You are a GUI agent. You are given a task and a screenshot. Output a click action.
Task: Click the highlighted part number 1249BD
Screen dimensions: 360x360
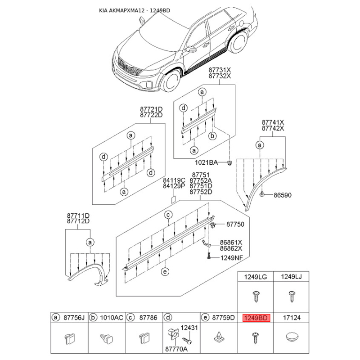256,318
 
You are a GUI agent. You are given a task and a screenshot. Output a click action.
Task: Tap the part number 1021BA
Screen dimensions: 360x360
206,162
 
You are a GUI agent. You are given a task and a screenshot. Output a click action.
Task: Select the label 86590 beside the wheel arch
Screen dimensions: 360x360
283,195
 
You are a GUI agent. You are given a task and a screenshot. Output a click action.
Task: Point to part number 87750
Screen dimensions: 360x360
235,224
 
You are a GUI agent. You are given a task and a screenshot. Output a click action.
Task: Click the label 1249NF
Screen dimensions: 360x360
231,258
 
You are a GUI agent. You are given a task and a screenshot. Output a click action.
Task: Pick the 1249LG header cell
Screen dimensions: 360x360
255,277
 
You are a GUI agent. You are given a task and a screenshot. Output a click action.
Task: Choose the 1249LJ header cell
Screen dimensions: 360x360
291,277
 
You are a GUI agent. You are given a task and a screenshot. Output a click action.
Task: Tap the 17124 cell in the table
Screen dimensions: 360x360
292,318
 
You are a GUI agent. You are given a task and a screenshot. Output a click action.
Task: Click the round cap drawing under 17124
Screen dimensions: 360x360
292,337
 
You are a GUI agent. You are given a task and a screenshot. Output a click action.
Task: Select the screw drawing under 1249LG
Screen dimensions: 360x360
256,296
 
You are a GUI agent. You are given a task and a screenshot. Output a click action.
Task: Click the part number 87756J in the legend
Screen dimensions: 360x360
74,318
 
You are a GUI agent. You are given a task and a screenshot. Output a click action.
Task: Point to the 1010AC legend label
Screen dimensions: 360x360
111,318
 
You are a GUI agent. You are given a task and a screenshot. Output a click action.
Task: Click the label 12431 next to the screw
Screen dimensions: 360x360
189,328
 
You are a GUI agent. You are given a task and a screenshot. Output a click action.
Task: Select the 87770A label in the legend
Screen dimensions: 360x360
176,349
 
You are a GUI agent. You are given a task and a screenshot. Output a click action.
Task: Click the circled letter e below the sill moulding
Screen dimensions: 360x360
165,272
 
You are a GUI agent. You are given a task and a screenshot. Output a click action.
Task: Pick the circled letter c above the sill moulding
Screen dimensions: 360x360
168,215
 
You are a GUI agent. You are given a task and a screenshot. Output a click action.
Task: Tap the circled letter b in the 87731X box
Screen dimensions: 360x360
212,136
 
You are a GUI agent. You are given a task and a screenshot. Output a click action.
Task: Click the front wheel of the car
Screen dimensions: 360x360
171,81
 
